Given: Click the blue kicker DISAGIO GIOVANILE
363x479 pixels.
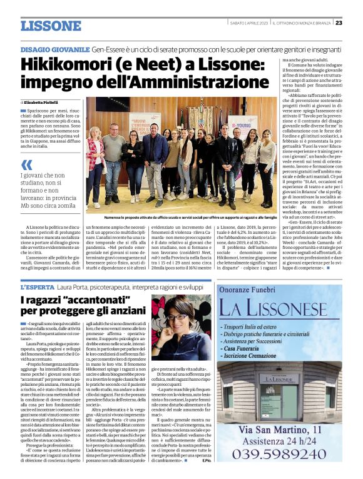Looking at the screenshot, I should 54,48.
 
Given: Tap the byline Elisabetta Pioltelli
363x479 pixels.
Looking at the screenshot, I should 46,101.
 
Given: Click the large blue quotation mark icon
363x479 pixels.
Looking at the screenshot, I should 27,165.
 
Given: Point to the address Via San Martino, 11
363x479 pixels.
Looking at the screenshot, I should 279,428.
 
